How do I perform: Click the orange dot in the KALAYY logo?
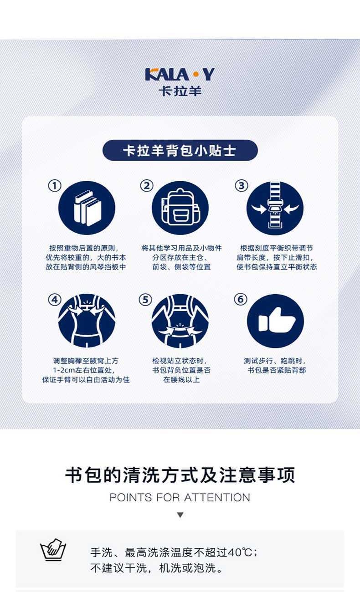point(196,74)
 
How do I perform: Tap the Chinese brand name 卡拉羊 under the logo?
point(180,91)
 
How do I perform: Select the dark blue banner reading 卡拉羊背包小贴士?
point(180,150)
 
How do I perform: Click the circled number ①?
point(55,185)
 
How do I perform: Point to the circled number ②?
point(147,185)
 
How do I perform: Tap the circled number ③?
point(242,185)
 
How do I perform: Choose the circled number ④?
point(55,300)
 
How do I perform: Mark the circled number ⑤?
point(145,300)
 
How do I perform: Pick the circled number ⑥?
point(241,299)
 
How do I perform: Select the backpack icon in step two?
point(180,208)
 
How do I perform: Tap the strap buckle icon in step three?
point(275,208)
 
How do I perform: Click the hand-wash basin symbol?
point(53,550)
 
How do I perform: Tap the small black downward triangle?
point(180,515)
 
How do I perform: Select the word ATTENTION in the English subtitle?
point(217,497)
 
